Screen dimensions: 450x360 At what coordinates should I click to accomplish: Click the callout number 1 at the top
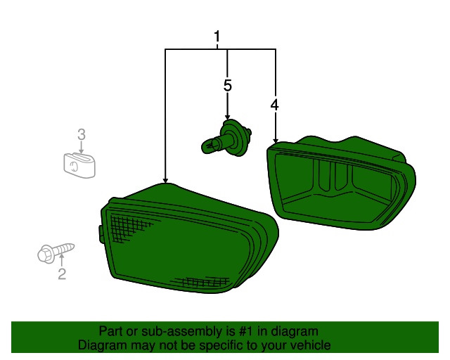(217, 37)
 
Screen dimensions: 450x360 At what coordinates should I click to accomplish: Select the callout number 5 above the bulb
(227, 86)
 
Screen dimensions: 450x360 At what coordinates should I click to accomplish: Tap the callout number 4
(274, 105)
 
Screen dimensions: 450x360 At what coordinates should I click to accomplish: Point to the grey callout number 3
(82, 134)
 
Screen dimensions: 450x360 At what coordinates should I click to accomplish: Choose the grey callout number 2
(62, 274)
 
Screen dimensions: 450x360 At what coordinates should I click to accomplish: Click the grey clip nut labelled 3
(79, 165)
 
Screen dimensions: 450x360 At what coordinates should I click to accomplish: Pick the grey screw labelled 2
(56, 252)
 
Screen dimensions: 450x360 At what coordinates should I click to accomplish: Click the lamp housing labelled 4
(341, 183)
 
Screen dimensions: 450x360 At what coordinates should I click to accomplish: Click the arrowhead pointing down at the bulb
(227, 117)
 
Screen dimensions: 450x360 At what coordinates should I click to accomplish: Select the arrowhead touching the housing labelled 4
(276, 141)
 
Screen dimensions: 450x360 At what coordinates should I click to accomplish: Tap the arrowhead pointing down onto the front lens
(165, 180)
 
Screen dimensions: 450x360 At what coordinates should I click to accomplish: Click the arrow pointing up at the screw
(61, 260)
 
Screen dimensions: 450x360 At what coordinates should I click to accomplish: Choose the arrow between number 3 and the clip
(82, 147)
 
